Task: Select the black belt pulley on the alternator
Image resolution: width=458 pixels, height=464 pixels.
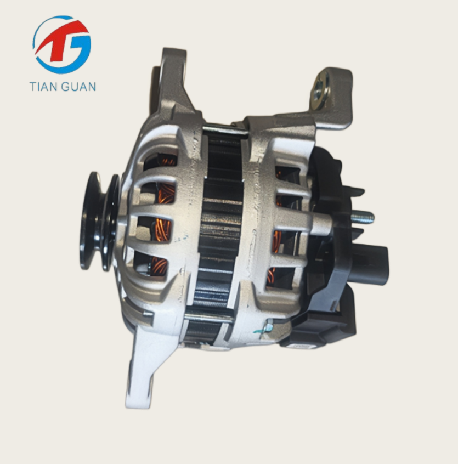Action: click(99, 222)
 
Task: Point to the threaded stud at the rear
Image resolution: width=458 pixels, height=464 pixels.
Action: click(363, 218)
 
